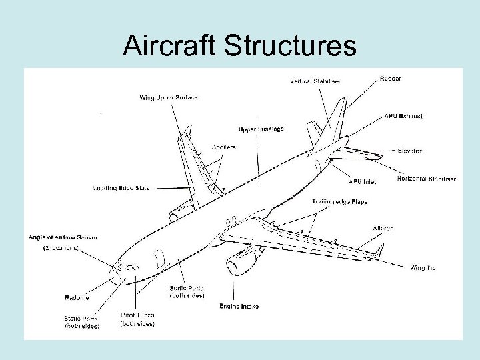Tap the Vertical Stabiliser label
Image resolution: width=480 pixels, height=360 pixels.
tap(315, 81)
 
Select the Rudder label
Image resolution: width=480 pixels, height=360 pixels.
tap(391, 79)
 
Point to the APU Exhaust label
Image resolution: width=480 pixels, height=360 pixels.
tap(403, 116)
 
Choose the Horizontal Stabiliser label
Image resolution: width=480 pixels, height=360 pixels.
tap(426, 179)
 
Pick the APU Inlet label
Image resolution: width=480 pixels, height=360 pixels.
tap(362, 181)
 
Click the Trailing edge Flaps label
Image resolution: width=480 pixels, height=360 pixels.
tap(339, 202)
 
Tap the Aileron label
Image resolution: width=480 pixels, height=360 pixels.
tap(383, 229)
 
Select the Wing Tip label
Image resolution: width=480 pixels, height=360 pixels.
tap(423, 268)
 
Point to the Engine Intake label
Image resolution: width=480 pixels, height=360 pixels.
tap(239, 306)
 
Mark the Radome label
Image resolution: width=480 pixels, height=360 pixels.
tap(77, 297)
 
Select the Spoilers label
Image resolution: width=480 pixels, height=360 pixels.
tap(223, 147)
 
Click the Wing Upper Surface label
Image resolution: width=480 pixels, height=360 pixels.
tap(168, 98)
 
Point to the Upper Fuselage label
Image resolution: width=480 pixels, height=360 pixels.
tap(261, 128)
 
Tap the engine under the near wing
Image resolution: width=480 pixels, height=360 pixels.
tap(239, 263)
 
